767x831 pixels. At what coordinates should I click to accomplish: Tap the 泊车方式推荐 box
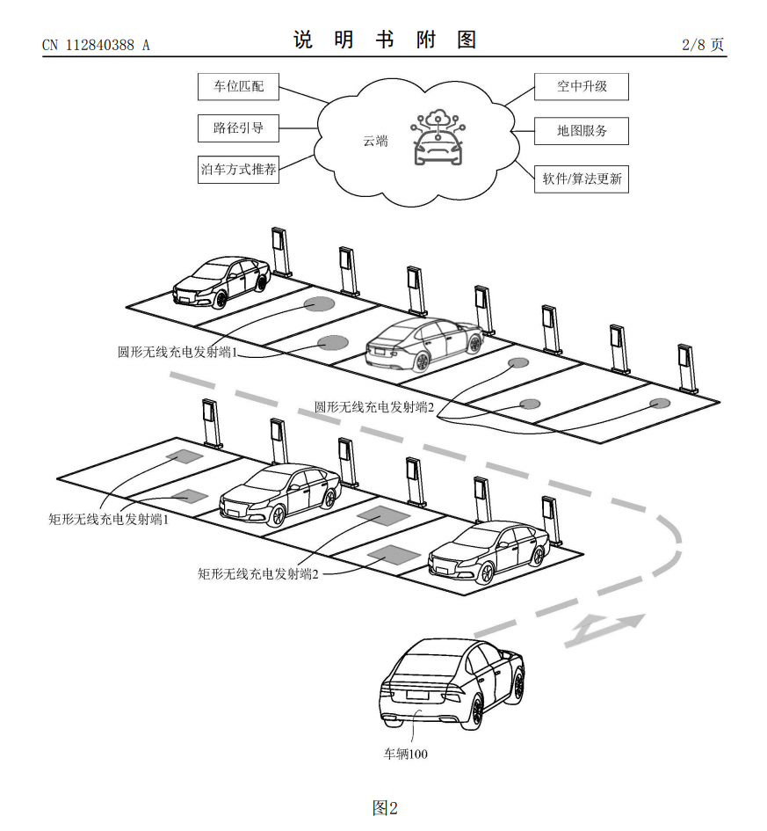pyautogui.click(x=238, y=169)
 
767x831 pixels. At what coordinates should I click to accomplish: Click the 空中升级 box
pyautogui.click(x=582, y=87)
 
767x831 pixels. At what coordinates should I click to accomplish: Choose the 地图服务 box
pyautogui.click(x=582, y=132)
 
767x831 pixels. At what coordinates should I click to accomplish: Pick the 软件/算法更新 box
pyautogui.click(x=582, y=179)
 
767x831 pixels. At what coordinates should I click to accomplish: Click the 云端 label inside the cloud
pyautogui.click(x=375, y=141)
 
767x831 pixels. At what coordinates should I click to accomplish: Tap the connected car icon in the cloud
pyautogui.click(x=437, y=138)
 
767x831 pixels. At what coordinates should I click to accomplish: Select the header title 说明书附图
pyautogui.click(x=385, y=40)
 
